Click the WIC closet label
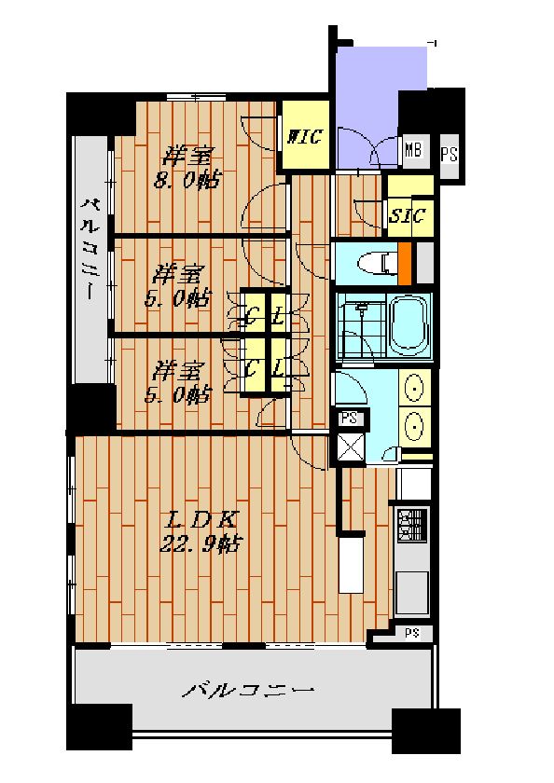pos(304,136)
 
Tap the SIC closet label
pos(408,215)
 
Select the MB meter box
pos(413,149)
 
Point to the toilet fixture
pos(377,263)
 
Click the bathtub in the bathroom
pos(409,325)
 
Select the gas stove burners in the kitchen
pos(412,525)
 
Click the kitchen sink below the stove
pos(412,593)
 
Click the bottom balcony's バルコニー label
pos(248,691)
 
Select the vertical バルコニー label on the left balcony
pos(90,250)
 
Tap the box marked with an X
pos(350,446)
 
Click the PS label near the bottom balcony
pos(411,633)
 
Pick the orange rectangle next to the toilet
pos(404,263)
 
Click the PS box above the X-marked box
pos(350,418)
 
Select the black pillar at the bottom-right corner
pos(426,731)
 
